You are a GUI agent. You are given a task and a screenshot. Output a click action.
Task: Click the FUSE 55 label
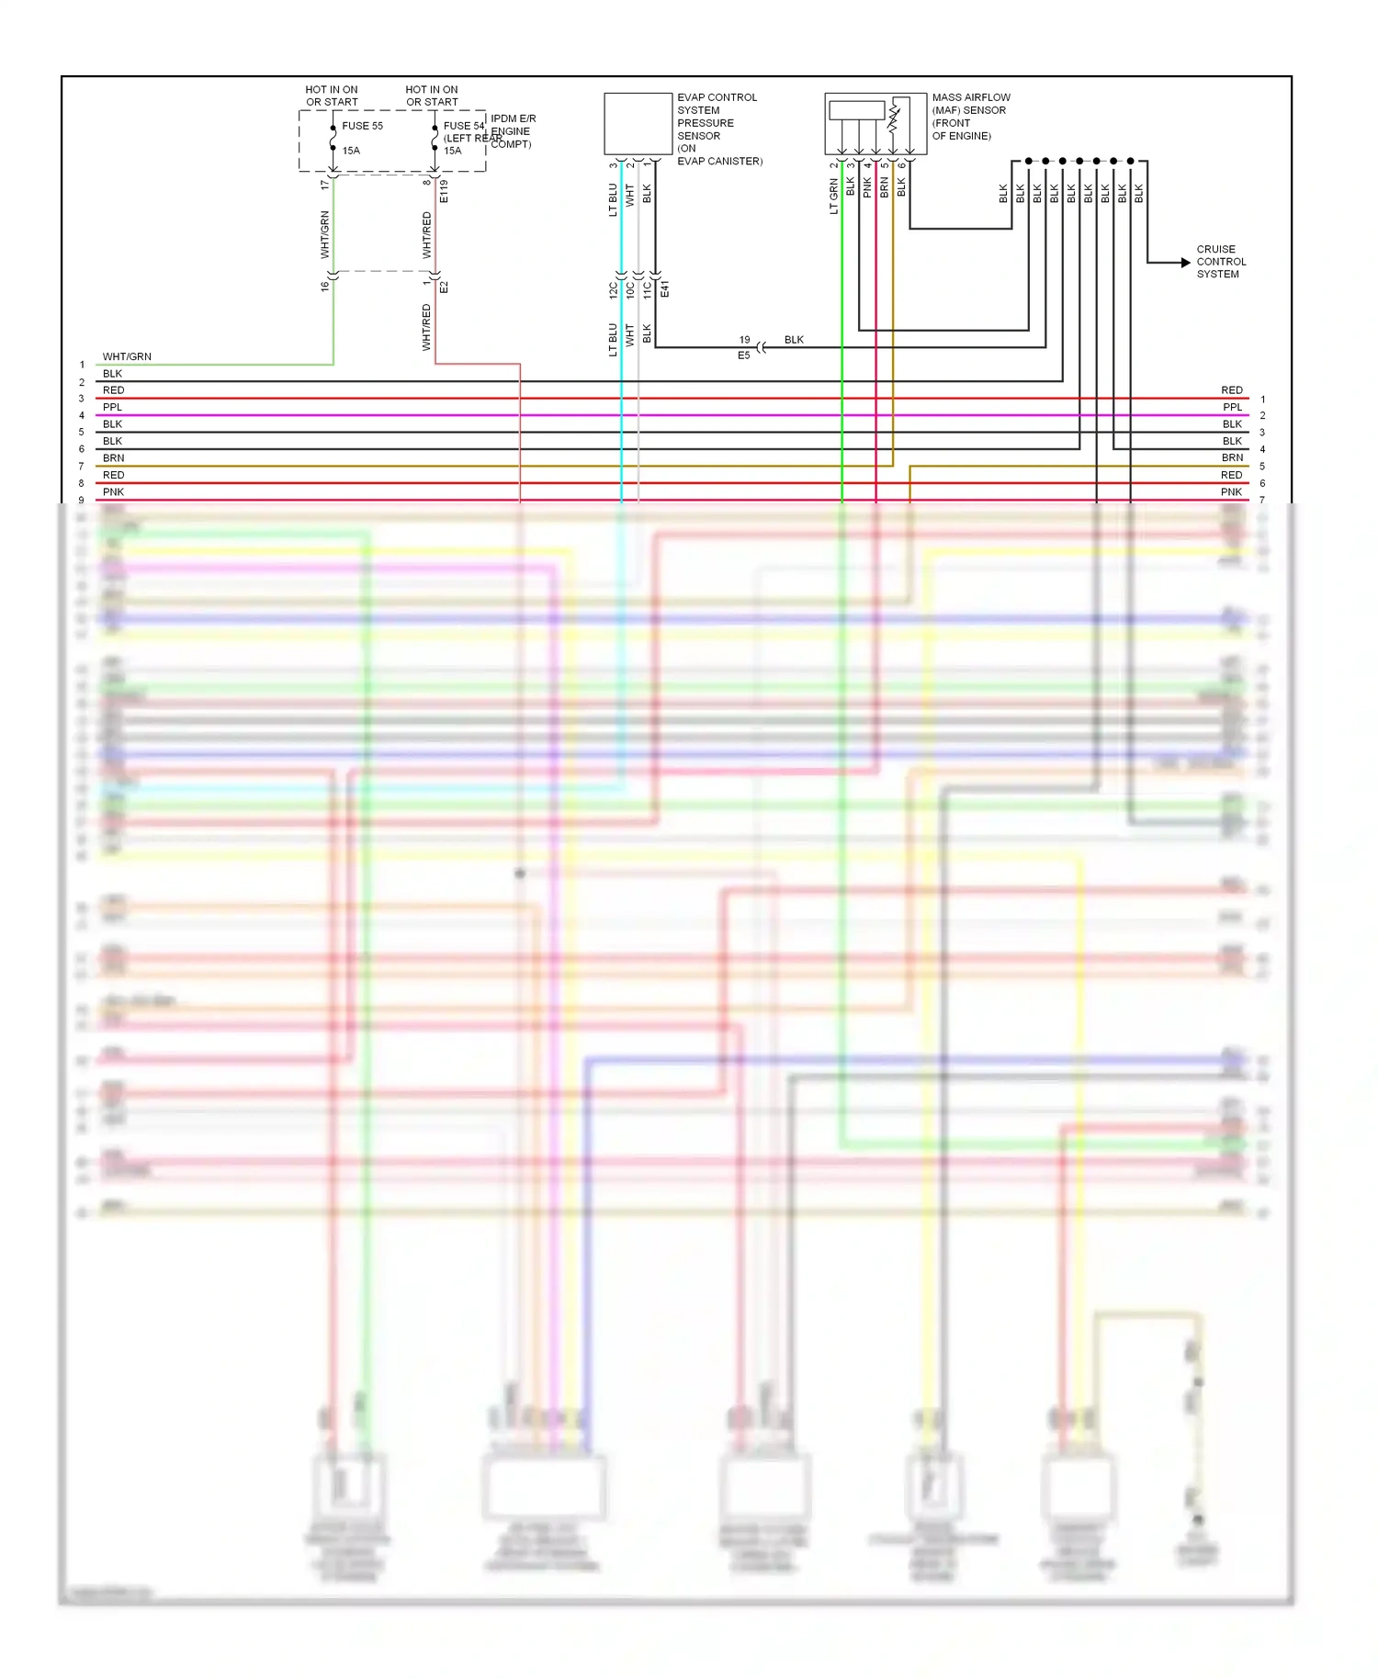(x=362, y=126)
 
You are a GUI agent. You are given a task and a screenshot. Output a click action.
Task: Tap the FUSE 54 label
(x=463, y=126)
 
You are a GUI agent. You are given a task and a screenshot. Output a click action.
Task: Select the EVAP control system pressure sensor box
(x=638, y=123)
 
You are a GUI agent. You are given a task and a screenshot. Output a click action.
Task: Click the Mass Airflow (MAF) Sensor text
(x=970, y=116)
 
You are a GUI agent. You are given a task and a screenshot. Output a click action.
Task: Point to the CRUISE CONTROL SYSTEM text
(x=1220, y=262)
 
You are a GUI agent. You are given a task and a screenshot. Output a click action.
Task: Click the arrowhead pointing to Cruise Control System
(x=1185, y=263)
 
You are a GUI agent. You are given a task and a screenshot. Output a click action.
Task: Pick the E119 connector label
(x=444, y=191)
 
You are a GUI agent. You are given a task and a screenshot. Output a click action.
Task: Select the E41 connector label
(x=664, y=288)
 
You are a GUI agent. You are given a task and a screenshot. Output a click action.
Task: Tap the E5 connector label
(x=744, y=355)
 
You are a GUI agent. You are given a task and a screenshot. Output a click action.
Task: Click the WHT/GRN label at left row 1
(x=127, y=356)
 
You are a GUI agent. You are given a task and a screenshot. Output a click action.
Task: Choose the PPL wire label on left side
(x=112, y=407)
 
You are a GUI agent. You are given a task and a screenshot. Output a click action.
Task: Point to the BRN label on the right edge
(x=1232, y=457)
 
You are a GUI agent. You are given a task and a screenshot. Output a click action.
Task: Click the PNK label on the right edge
(x=1231, y=492)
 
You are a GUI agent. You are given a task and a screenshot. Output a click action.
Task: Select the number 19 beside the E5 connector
(x=744, y=340)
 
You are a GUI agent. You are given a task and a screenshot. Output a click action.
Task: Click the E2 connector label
(x=444, y=287)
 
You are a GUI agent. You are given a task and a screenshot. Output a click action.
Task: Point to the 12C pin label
(x=613, y=290)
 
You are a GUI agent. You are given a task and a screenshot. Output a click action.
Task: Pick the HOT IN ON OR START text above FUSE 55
(x=332, y=96)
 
